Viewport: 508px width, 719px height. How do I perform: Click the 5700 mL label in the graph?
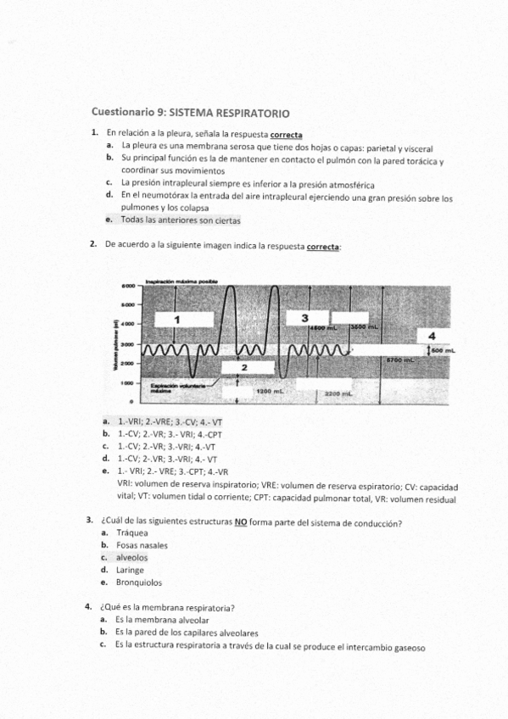click(399, 360)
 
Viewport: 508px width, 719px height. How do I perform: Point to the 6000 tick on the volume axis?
click(128, 286)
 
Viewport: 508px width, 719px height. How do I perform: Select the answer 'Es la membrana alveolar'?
click(162, 620)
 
